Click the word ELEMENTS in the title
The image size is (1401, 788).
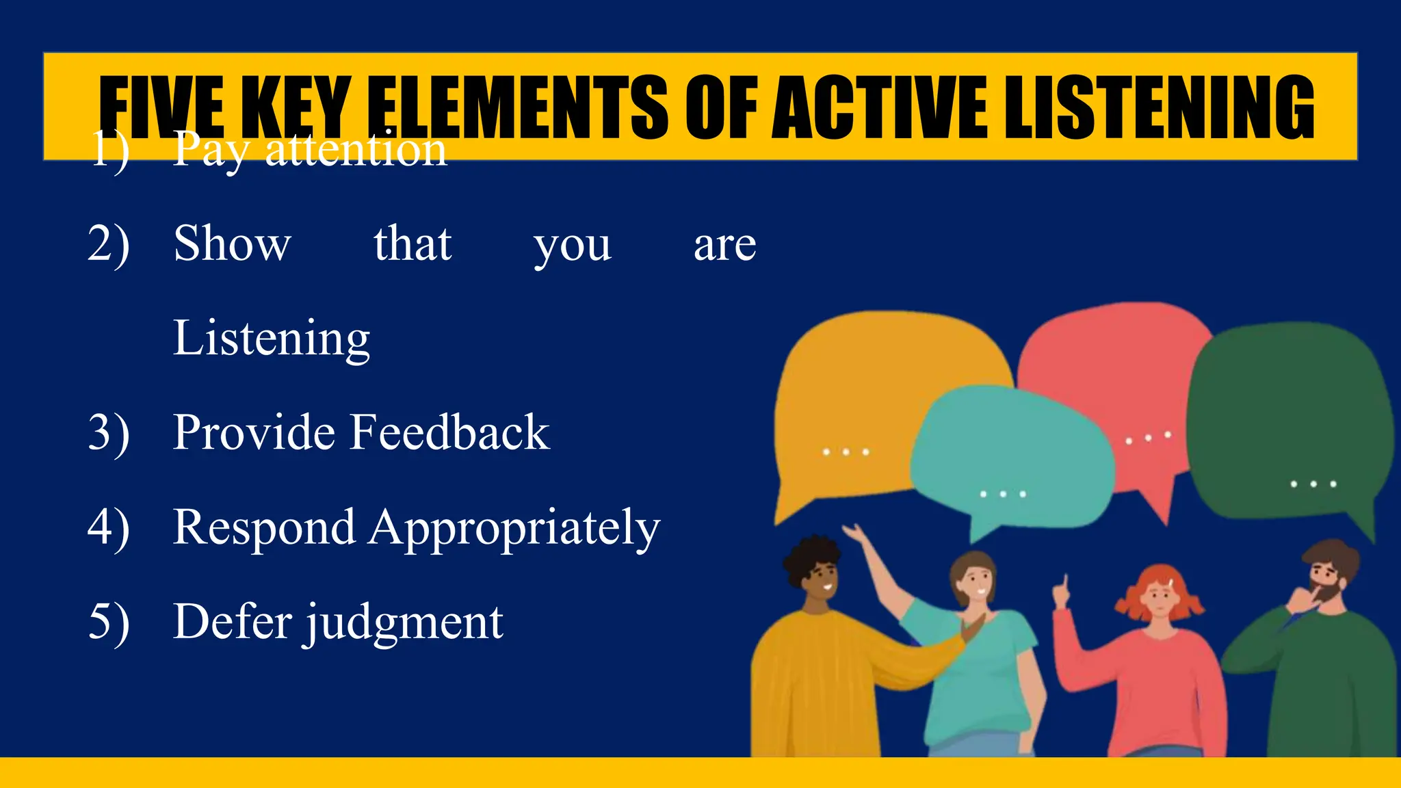(517, 107)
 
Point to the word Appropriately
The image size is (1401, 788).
(514, 528)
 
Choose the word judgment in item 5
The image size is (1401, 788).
(404, 622)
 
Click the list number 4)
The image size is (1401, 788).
(108, 528)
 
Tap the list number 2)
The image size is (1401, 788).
(108, 244)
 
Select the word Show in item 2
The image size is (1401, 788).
(232, 244)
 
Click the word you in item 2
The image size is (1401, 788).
(572, 245)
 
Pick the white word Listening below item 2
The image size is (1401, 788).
(271, 339)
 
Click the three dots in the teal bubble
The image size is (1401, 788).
(1003, 494)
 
